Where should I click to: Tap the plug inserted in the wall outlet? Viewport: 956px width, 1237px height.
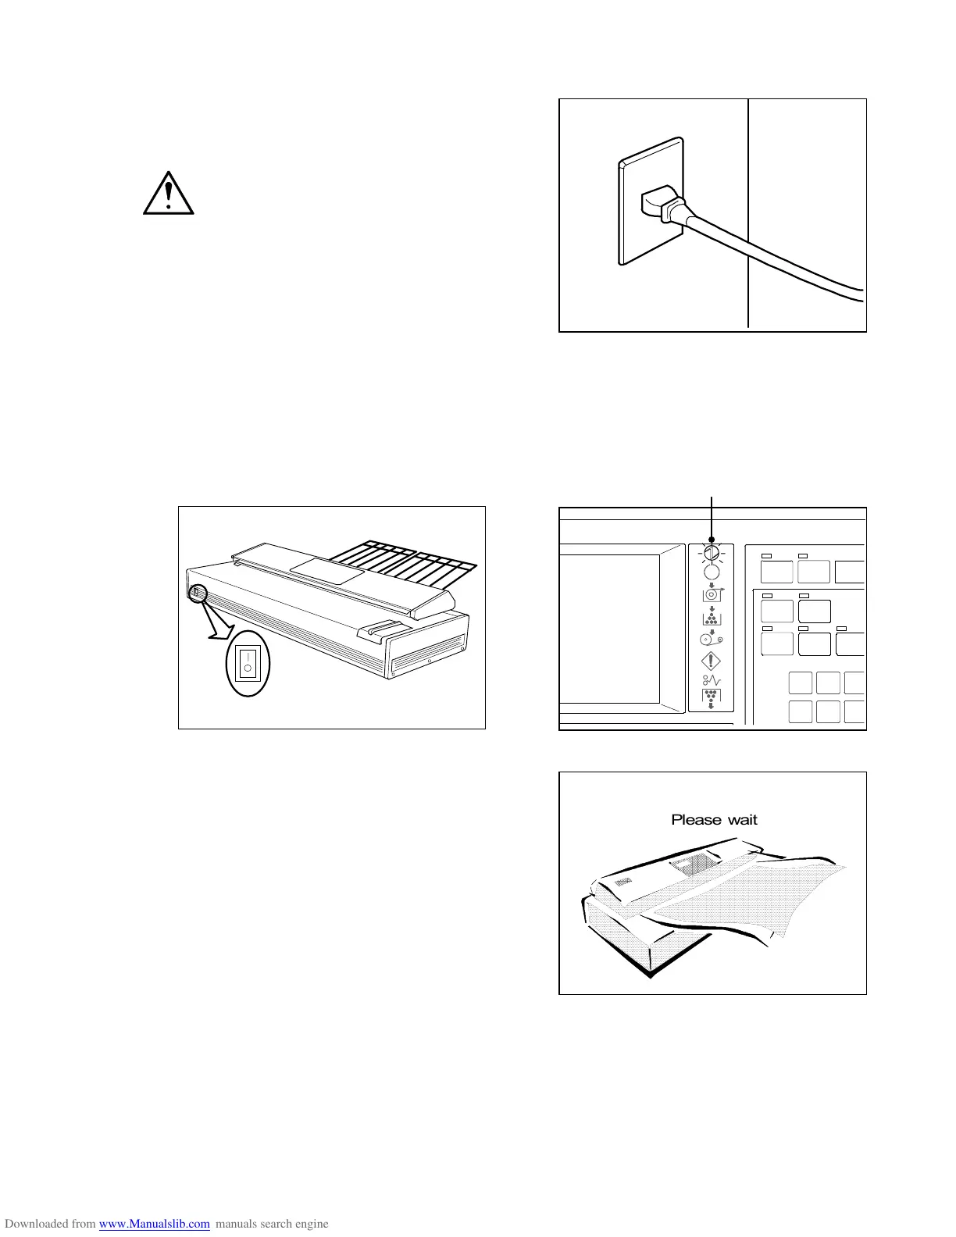coord(660,205)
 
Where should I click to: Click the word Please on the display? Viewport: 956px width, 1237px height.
coord(696,820)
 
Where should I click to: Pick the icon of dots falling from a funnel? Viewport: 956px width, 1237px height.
coord(712,699)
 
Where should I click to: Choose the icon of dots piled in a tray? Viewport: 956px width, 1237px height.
coord(712,617)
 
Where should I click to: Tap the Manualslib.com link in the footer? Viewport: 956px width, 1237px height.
coord(155,1224)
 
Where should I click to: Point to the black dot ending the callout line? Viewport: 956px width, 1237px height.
coord(712,540)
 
